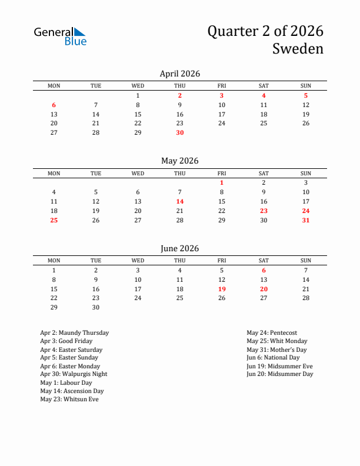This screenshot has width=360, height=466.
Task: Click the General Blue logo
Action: [60, 36]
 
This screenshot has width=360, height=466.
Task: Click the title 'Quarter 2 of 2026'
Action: [265, 31]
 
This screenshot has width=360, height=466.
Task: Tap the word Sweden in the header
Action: [298, 49]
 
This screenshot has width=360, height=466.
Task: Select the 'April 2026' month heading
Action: [180, 74]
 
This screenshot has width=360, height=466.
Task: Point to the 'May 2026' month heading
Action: [180, 161]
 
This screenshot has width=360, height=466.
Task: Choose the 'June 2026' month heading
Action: [180, 248]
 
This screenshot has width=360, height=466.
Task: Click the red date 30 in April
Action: [180, 132]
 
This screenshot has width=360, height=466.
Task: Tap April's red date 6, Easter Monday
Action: [54, 105]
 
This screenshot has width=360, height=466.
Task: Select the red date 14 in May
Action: [180, 201]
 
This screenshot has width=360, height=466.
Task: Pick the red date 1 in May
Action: [222, 182]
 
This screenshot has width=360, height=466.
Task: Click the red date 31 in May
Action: [306, 220]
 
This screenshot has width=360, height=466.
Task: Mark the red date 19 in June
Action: [222, 289]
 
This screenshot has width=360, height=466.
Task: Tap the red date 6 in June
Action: [264, 270]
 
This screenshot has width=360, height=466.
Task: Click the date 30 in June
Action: [96, 307]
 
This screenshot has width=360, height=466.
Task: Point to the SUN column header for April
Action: [306, 86]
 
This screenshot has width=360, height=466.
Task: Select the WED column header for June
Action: [138, 261]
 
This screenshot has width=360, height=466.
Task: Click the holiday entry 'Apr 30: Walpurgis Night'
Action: [74, 374]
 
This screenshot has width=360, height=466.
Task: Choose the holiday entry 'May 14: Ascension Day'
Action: [72, 391]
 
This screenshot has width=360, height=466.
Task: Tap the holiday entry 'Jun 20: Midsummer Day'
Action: [280, 374]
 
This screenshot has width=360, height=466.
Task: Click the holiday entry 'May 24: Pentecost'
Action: [272, 333]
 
